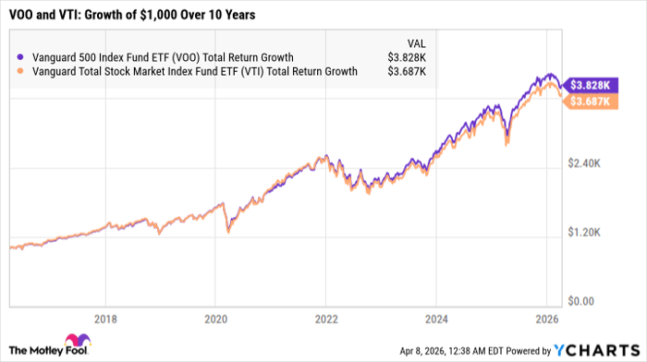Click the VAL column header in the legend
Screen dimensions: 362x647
[417, 42]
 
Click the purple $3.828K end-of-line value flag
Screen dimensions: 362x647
[588, 84]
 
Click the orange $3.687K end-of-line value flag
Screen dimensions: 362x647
[588, 101]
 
